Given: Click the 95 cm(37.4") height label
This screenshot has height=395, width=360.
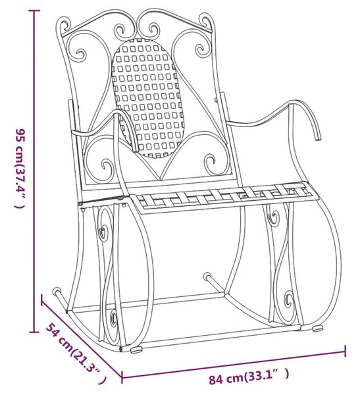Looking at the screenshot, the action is pos(20,169).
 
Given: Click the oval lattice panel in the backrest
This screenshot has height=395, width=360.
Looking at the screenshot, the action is pos(147,97).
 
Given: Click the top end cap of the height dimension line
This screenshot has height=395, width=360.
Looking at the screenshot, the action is pos(34,11).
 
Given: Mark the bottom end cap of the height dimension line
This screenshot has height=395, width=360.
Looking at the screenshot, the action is pos(34,332).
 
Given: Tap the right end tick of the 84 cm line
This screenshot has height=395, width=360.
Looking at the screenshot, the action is pos(345,351).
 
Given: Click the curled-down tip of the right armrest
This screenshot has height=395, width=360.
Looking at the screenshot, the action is pos(318,138).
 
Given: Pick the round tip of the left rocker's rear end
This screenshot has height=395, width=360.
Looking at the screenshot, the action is pos(56,292).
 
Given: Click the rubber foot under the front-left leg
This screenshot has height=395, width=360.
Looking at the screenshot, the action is pos(136,350).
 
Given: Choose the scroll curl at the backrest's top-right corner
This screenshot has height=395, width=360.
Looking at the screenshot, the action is pos(206,22).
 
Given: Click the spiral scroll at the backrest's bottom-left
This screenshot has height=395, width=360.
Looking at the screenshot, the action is pos(106,168).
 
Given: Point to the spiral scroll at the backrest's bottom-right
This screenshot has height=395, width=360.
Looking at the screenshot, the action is pos(211,163).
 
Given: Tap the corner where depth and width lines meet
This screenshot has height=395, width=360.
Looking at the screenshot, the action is pos(122,378).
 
